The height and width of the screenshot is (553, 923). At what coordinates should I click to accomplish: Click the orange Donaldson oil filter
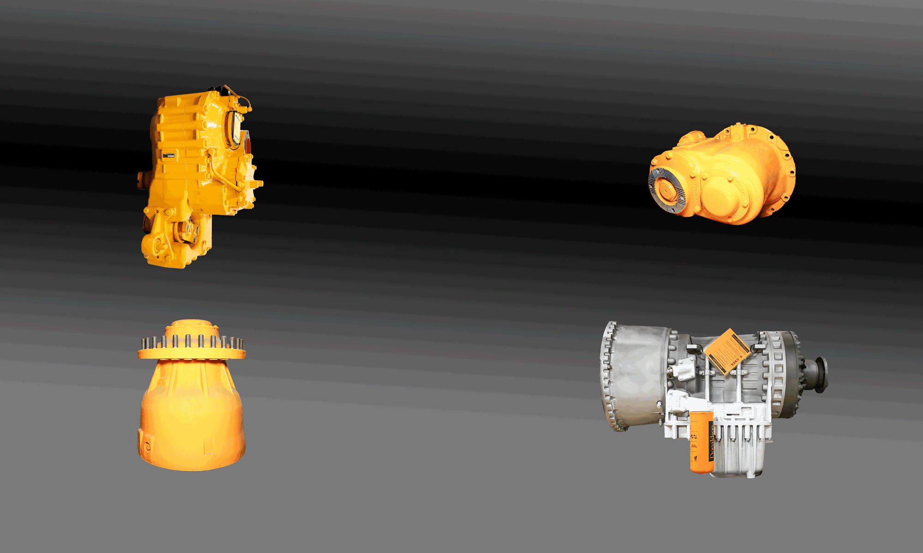[701, 442]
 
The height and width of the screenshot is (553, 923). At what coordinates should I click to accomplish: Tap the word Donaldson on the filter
[711, 442]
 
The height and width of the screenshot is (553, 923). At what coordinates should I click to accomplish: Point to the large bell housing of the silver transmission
[635, 374]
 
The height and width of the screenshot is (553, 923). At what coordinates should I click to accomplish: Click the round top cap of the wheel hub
[192, 326]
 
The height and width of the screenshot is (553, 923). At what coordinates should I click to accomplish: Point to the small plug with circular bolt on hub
[147, 446]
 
